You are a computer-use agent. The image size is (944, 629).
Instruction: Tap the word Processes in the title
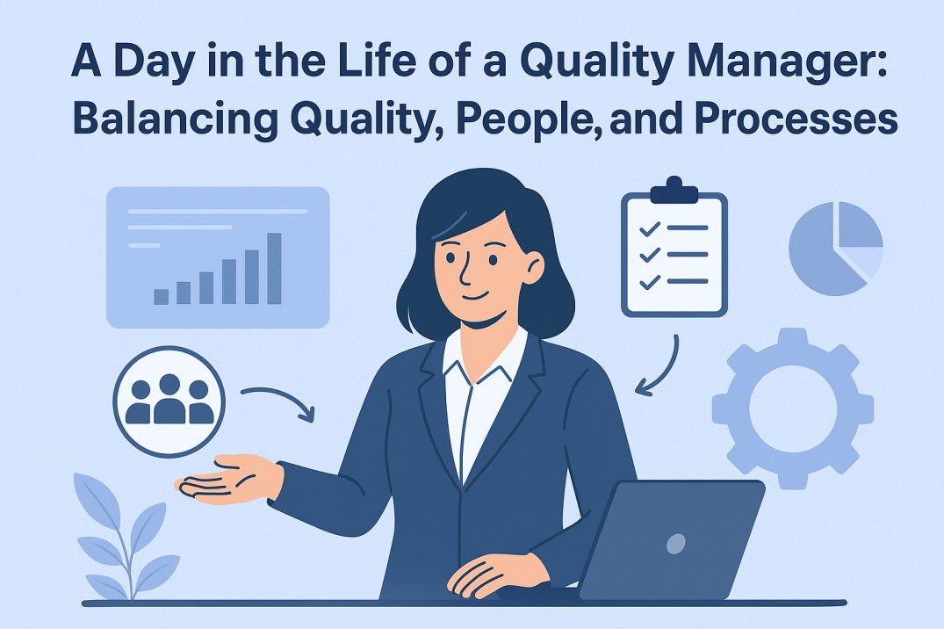point(796,119)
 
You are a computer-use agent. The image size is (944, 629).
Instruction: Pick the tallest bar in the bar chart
point(274,269)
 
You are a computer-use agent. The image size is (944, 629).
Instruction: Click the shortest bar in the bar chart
point(162,297)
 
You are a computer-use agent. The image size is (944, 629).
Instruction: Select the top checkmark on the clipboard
point(650,228)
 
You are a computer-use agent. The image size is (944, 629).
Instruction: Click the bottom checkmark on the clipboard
point(650,282)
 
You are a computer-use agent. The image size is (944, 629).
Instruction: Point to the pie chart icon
point(836,249)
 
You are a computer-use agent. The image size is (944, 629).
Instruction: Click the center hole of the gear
point(793,408)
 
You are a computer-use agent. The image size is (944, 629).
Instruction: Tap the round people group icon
point(169,401)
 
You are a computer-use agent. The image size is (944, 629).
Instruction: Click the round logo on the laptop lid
point(676,544)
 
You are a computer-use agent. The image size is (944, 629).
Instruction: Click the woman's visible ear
point(533,268)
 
